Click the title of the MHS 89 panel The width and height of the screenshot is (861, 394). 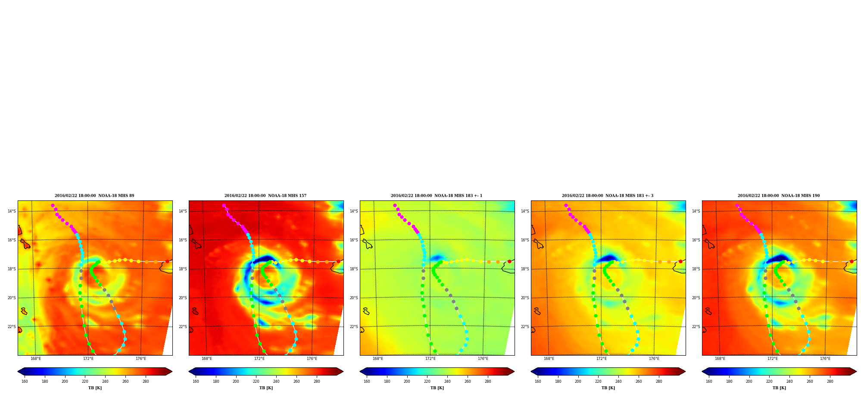click(x=94, y=196)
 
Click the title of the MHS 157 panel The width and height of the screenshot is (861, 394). click(x=265, y=196)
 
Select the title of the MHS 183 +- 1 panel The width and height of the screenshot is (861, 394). click(x=437, y=196)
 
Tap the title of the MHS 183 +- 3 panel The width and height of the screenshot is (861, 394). click(x=608, y=196)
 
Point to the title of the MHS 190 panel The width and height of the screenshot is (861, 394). click(x=779, y=196)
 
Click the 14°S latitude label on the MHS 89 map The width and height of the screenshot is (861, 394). click(x=12, y=211)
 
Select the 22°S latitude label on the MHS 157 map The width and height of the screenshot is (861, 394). click(x=183, y=327)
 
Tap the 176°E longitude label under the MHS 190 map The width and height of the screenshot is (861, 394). click(x=825, y=359)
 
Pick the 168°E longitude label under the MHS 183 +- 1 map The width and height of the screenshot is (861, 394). click(x=378, y=359)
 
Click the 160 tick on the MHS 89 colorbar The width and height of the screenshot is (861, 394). click(x=25, y=381)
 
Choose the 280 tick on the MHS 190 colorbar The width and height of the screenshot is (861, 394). click(x=830, y=381)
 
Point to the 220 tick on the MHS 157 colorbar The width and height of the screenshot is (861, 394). click(x=256, y=381)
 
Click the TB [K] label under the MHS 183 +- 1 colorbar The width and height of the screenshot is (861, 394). click(x=437, y=388)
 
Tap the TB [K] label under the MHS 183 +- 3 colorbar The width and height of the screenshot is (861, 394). click(x=608, y=388)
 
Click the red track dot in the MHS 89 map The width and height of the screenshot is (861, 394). click(x=167, y=261)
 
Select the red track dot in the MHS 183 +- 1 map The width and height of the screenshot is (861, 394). click(x=509, y=261)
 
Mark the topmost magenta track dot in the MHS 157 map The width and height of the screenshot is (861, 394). click(x=224, y=206)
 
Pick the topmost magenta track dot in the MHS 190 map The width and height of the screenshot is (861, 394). click(x=737, y=206)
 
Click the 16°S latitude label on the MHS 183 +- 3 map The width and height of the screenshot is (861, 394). click(x=525, y=240)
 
